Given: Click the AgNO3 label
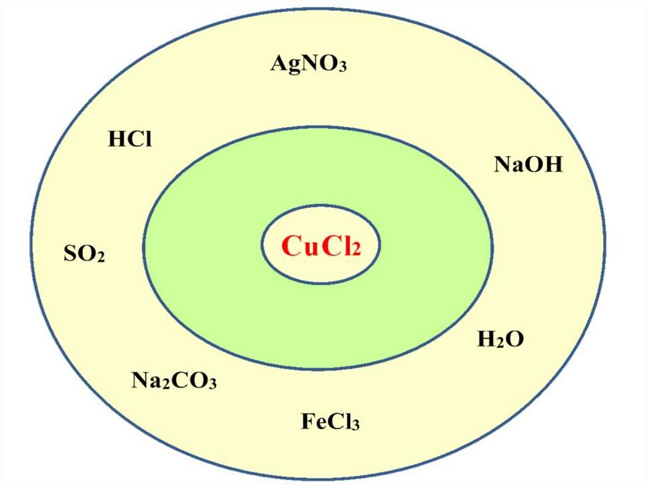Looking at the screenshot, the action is (308, 63).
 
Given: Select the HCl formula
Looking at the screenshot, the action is (130, 139).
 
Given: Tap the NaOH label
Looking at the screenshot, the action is (528, 165).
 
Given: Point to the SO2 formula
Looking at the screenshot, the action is (84, 254).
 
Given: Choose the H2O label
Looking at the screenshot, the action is (500, 340).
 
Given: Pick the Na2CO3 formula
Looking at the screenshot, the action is (174, 381).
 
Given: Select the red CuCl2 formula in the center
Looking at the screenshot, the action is (321, 245).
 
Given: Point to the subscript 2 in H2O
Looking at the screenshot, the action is (498, 343).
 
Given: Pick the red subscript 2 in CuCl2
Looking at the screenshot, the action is (356, 250).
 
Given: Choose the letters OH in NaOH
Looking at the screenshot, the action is (545, 165).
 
